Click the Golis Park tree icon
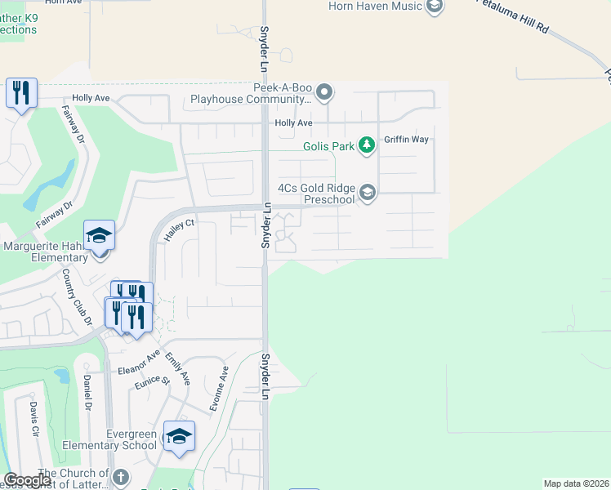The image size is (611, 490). (368, 145)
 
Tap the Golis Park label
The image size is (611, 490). (328, 146)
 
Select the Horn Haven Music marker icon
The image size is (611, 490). (435, 7)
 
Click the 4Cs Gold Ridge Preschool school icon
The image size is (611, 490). (368, 192)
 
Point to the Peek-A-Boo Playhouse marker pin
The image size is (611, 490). (324, 91)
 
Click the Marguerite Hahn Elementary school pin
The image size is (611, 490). (99, 236)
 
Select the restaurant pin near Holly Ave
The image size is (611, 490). (21, 92)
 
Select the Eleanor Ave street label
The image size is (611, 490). (138, 363)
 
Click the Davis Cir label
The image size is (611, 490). (33, 418)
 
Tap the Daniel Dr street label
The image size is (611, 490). (87, 392)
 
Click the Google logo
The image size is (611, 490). (27, 480)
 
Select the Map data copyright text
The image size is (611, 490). (575, 483)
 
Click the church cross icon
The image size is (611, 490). (120, 477)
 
